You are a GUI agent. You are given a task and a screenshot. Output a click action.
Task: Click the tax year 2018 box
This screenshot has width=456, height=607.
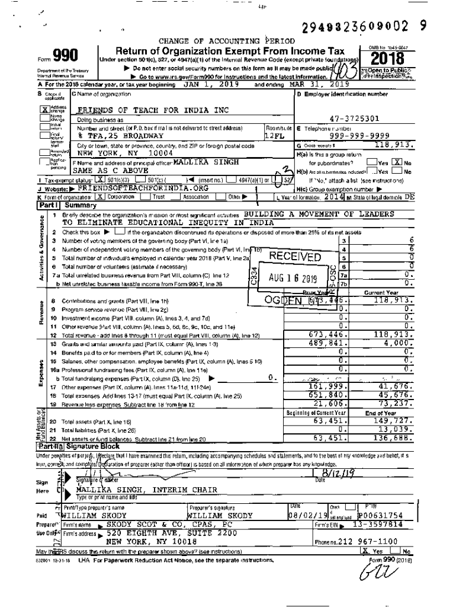[388, 59]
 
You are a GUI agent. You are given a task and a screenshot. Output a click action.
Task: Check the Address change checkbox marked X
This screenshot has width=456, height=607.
[44, 110]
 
